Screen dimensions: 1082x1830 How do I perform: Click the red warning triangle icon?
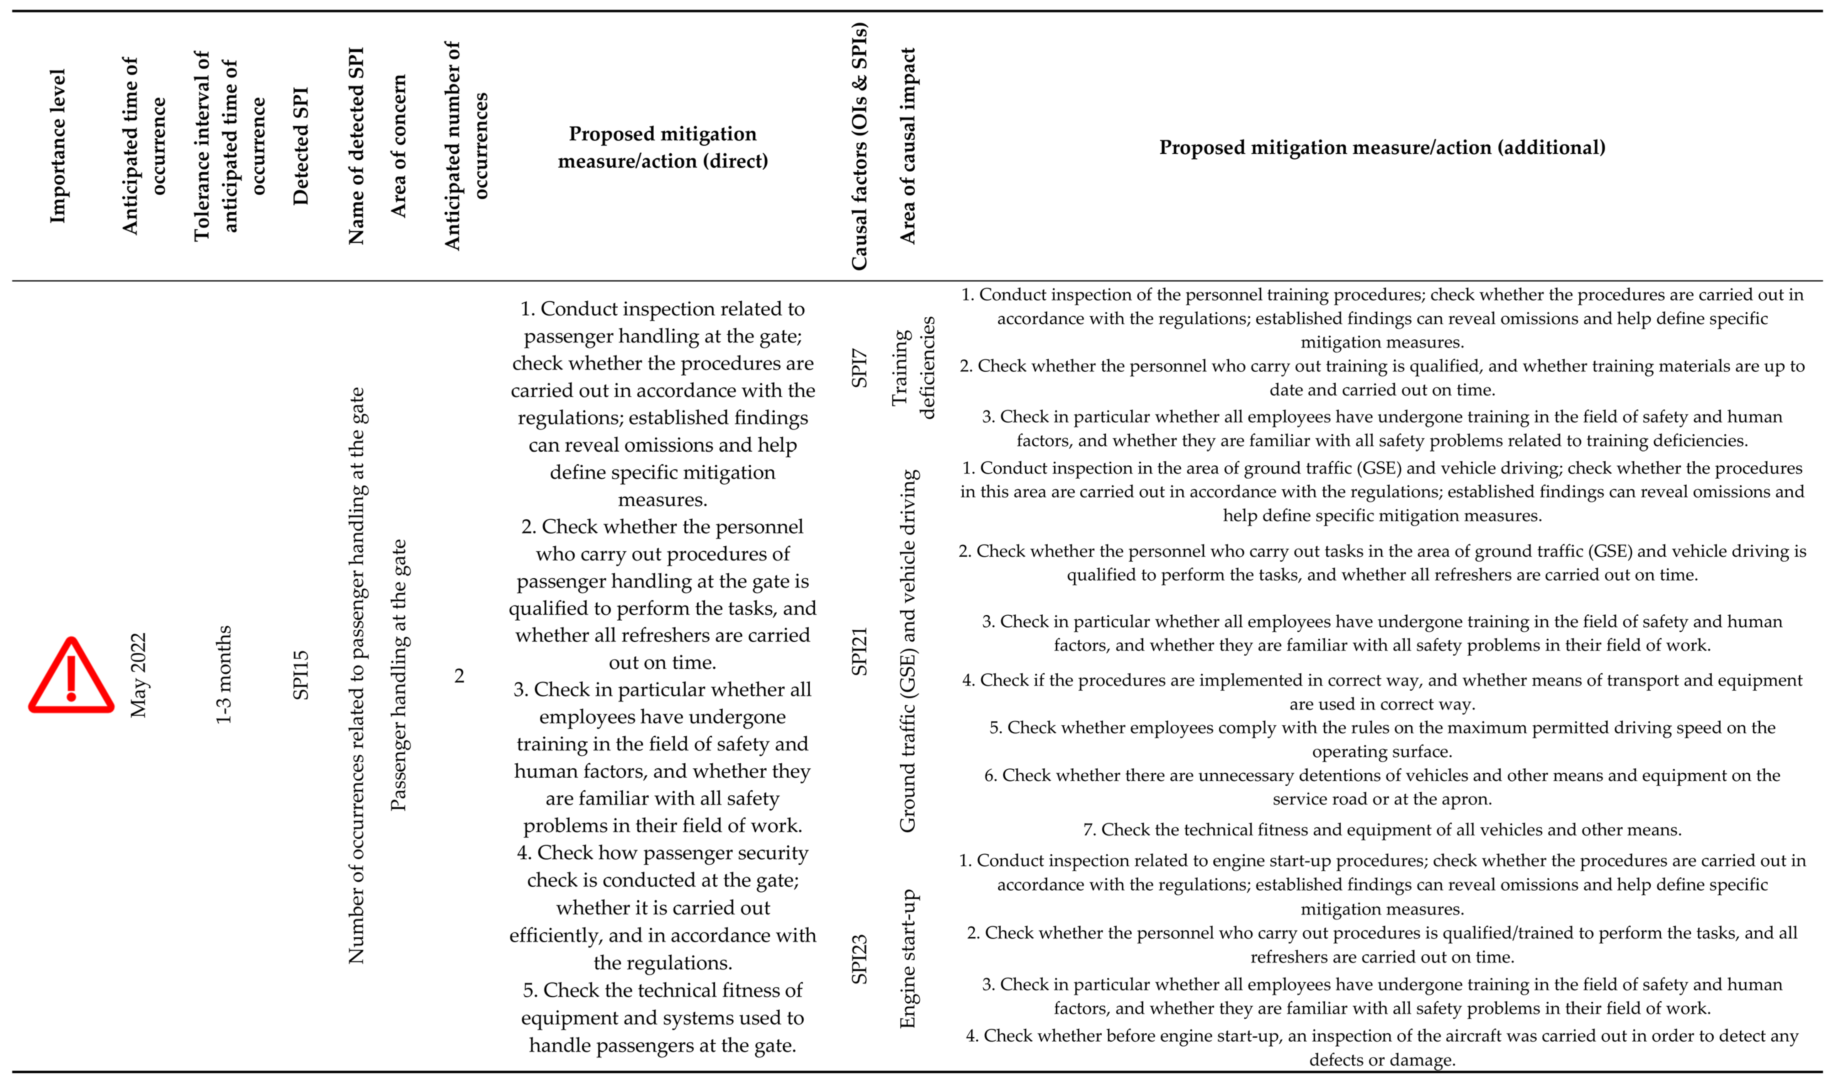[x=71, y=676]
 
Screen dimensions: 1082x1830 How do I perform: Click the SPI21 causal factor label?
[x=859, y=651]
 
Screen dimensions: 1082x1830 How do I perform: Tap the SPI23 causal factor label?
[x=859, y=959]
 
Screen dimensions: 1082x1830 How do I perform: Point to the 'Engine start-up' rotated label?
[x=907, y=959]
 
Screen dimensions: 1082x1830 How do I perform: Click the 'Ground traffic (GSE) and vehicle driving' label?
[x=907, y=651]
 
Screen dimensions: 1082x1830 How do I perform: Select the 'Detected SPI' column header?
[x=301, y=146]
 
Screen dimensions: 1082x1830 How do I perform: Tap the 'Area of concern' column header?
[x=398, y=146]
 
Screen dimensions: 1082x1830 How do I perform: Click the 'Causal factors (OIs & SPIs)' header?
[x=859, y=146]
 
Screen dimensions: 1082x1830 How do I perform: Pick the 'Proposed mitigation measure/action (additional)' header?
[x=1382, y=147]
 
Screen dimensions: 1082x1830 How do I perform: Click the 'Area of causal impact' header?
[x=907, y=146]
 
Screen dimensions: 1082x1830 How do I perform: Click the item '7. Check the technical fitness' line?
[x=1382, y=830]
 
